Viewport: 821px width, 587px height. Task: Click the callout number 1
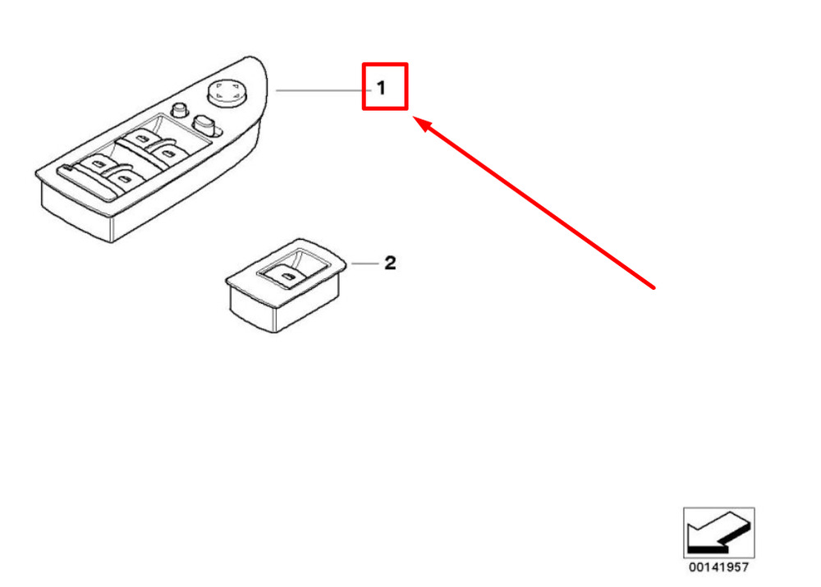381,87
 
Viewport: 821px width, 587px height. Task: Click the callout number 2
390,263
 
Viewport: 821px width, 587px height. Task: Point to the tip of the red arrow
413,118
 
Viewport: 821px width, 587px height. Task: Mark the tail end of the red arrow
654,287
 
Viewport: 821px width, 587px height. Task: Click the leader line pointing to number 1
320,89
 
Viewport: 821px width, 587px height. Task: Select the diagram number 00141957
718,566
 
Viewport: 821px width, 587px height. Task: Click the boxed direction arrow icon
718,532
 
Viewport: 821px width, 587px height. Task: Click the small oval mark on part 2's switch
288,278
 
